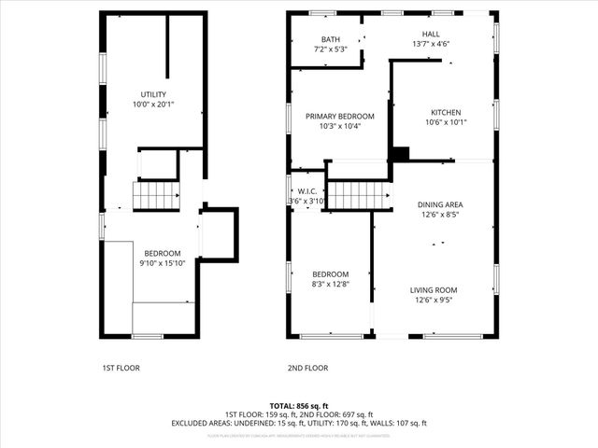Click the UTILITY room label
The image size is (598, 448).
pyautogui.click(x=153, y=95)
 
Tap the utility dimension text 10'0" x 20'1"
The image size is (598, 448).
pyautogui.click(x=153, y=105)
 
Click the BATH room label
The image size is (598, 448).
pyautogui.click(x=331, y=39)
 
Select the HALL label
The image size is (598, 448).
pyautogui.click(x=431, y=33)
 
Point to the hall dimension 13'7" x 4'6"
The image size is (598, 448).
pyautogui.click(x=431, y=43)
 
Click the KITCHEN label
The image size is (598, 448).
pyautogui.click(x=446, y=112)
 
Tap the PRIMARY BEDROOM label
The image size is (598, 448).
pyautogui.click(x=340, y=116)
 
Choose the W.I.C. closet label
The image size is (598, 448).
pyautogui.click(x=306, y=190)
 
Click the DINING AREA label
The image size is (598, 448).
pyautogui.click(x=439, y=204)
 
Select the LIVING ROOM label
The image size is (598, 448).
pyautogui.click(x=439, y=290)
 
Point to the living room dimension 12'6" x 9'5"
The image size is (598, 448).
pyautogui.click(x=439, y=301)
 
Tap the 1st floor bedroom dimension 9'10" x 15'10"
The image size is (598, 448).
pyautogui.click(x=162, y=263)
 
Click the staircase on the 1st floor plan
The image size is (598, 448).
pyautogui.click(x=156, y=196)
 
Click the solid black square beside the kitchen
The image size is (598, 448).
pyautogui.click(x=400, y=154)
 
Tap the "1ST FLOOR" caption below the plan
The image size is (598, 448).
pyautogui.click(x=121, y=368)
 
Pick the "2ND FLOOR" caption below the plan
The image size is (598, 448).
pyautogui.click(x=307, y=368)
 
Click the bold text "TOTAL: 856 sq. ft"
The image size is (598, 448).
pyautogui.click(x=299, y=404)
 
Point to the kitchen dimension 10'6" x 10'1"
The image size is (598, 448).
pyautogui.click(x=446, y=122)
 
